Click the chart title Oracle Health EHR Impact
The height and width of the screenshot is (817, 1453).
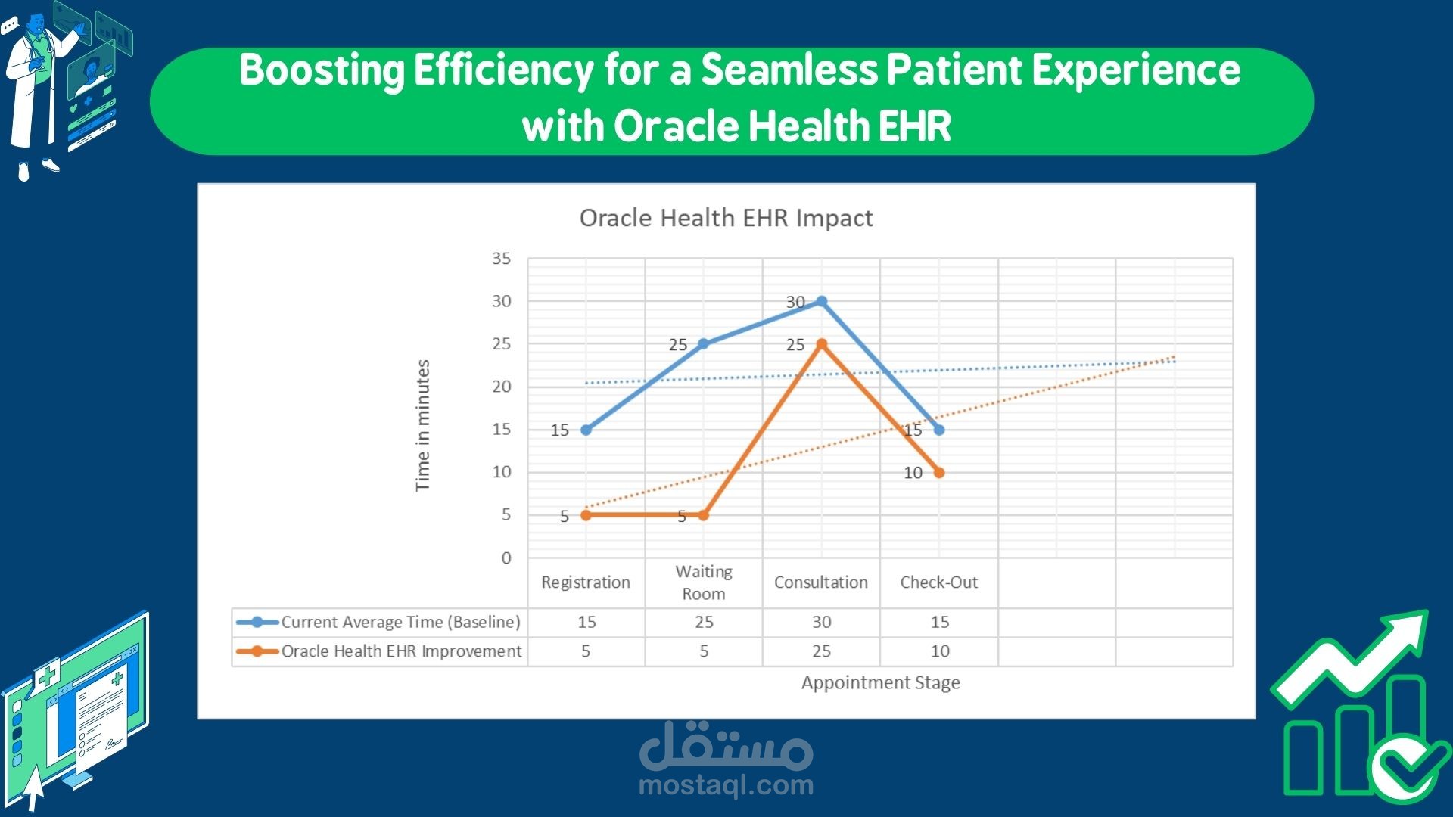click(x=726, y=218)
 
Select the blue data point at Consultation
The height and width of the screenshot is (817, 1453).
click(x=822, y=301)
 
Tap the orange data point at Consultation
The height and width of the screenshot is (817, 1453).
click(x=822, y=344)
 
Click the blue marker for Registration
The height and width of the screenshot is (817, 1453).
click(x=586, y=430)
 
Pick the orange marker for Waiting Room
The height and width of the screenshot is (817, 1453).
click(x=704, y=515)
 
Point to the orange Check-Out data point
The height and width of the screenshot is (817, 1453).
click(x=939, y=473)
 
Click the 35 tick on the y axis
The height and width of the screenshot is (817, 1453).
click(x=501, y=259)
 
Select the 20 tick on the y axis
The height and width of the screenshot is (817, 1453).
click(x=501, y=387)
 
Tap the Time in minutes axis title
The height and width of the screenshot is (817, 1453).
click(x=422, y=425)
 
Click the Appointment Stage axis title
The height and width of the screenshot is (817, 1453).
click(x=880, y=682)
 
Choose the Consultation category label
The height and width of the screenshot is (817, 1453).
click(x=821, y=582)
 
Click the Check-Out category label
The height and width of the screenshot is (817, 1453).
click(x=938, y=582)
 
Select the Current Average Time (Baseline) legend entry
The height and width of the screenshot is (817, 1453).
click(x=400, y=622)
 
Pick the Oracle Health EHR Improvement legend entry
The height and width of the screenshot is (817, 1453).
click(x=401, y=651)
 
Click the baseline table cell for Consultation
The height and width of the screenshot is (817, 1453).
click(x=822, y=622)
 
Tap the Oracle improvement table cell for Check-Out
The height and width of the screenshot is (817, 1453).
click(x=940, y=651)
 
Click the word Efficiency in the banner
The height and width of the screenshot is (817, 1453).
click(x=503, y=70)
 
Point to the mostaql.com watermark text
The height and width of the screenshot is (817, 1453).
click(x=726, y=785)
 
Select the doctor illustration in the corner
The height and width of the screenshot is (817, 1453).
click(x=34, y=91)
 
